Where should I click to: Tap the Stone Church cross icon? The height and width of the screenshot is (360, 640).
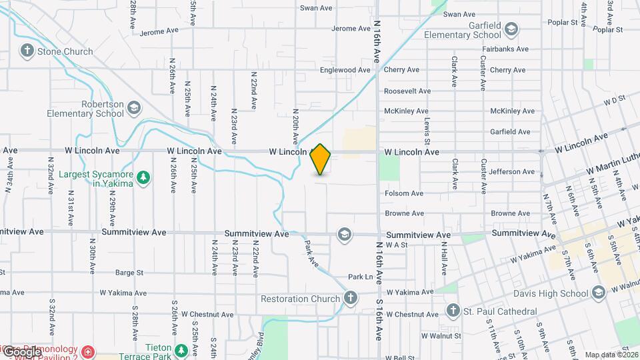[27, 50]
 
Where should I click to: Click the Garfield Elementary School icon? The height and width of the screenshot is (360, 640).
[511, 29]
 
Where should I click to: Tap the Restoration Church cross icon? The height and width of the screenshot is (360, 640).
[351, 298]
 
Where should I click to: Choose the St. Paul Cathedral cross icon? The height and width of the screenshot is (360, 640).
[452, 311]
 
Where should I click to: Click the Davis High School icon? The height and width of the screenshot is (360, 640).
[598, 293]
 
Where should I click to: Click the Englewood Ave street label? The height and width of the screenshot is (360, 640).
[345, 70]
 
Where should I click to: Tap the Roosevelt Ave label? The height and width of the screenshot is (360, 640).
[407, 91]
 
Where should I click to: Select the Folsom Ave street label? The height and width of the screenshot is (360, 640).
[404, 193]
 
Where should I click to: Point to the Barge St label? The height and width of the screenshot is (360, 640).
[129, 272]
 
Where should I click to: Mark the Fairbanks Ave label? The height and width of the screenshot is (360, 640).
[508, 49]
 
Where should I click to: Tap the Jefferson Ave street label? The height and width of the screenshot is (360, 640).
[511, 172]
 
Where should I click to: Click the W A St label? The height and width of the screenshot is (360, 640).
[396, 245]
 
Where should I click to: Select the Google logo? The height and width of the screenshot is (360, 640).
[21, 352]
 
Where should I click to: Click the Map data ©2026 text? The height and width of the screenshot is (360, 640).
[610, 355]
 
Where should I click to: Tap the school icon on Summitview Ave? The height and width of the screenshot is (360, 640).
[344, 234]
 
